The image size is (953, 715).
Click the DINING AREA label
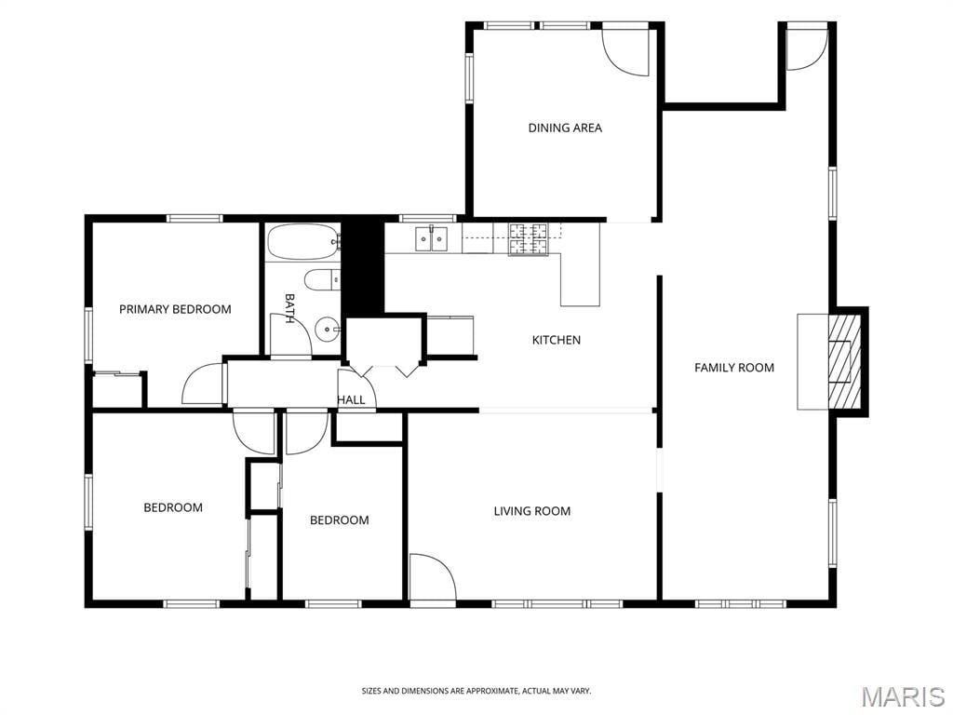pos(565,128)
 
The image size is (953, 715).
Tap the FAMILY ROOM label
pos(734,367)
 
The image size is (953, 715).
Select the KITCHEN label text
pos(557,340)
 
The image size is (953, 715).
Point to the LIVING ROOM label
pos(531,511)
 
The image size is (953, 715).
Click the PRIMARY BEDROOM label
pos(175,309)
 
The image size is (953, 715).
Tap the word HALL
pos(351,399)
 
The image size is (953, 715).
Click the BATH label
pos(290,308)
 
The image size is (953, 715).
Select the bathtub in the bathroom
pos(302,242)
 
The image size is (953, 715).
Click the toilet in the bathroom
pos(322,280)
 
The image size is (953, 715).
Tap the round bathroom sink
pos(329,330)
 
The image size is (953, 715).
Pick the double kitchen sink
pos(432,238)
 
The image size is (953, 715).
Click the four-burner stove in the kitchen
pos(528,239)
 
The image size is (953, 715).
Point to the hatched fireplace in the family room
pos(845,362)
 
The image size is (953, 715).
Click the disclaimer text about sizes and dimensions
pos(476,691)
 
